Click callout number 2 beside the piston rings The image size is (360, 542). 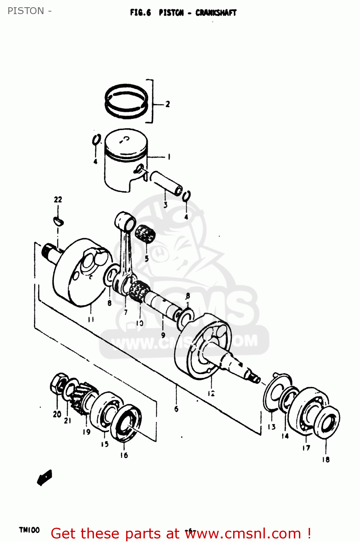(167, 104)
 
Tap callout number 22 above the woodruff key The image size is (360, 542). (58, 199)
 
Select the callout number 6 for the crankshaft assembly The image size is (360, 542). (176, 409)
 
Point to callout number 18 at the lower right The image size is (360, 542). (326, 460)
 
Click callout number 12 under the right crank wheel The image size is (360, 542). (211, 393)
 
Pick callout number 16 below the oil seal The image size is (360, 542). (124, 455)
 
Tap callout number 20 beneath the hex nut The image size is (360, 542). (57, 414)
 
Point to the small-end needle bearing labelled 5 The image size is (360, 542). (145, 234)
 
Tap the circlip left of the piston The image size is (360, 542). (96, 140)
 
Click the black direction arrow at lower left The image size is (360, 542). (44, 478)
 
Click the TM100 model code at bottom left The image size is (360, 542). (29, 530)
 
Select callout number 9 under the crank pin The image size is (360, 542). (163, 335)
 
